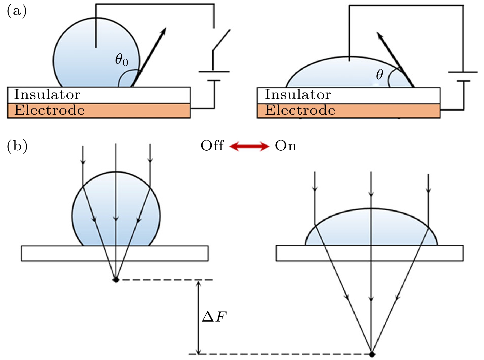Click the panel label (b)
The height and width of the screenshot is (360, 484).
pos(17,146)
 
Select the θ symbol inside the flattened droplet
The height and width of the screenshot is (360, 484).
pos(380,74)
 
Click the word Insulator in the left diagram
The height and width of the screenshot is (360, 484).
pos(47,95)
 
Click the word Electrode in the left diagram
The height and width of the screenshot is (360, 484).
pos(49,110)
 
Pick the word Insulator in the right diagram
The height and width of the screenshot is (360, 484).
pos(298,95)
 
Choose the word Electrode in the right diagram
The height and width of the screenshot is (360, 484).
pos(300,110)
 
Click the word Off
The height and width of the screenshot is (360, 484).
pos(212,146)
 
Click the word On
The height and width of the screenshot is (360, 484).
pos(285,146)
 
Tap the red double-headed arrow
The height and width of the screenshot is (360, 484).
pos(249,146)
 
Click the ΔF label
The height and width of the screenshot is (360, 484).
pos(214,317)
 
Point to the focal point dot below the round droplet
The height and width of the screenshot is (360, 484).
pos(116,280)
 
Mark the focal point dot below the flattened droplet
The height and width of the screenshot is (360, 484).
pos(372,354)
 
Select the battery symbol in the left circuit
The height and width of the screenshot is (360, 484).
pos(214,76)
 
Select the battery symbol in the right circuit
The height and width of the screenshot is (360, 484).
pos(463,77)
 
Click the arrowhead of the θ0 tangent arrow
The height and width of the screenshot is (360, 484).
pos(163,31)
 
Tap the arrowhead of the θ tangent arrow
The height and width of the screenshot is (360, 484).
pos(380,35)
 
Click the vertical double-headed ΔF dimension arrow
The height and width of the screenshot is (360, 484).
pos(199,317)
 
